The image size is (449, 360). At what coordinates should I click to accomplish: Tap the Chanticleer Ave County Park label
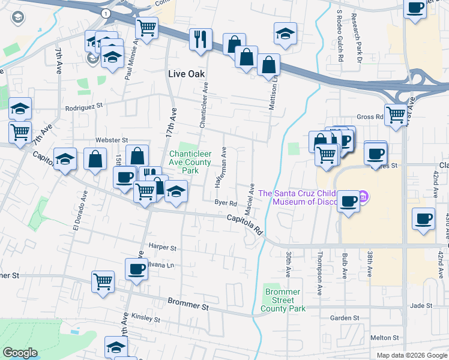(x=190, y=162)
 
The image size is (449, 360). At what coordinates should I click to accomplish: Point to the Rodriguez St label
(x=85, y=109)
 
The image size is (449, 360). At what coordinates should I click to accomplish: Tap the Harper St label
(x=163, y=247)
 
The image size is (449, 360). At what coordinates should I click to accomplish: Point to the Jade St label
(x=421, y=305)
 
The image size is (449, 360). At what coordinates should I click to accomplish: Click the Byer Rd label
(x=226, y=203)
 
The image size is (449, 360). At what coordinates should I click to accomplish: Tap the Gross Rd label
(x=369, y=117)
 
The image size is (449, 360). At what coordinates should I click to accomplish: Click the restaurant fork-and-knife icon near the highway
(x=200, y=39)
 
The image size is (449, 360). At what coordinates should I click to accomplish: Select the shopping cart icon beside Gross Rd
(x=396, y=115)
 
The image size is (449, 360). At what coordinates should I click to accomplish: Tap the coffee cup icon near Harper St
(x=137, y=268)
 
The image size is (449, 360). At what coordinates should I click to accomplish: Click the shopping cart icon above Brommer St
(x=103, y=281)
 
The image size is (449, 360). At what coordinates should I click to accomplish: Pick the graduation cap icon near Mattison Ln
(x=286, y=34)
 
